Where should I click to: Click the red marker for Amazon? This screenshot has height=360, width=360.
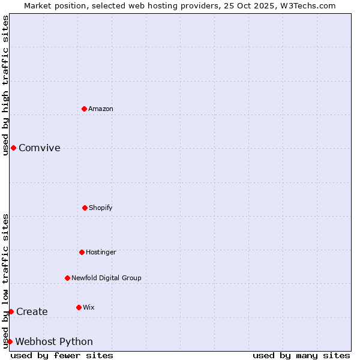[85, 109]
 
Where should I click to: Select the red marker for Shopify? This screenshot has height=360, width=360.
[85, 208]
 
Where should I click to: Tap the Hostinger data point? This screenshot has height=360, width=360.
[82, 252]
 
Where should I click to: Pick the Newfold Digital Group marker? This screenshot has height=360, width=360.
[67, 278]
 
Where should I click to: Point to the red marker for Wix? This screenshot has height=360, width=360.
[79, 307]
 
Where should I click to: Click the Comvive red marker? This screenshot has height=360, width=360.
[13, 148]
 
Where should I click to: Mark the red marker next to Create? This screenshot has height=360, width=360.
[11, 311]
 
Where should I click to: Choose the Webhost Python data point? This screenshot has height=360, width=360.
[10, 341]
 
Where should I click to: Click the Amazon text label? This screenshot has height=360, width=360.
[101, 109]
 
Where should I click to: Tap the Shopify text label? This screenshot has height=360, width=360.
[101, 208]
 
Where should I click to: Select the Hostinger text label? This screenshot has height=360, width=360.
[101, 252]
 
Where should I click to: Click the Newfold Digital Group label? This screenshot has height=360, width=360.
[106, 278]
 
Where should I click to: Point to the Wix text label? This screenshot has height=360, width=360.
[89, 307]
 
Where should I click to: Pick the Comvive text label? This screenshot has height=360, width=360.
[40, 148]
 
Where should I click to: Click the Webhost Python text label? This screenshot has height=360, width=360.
[54, 341]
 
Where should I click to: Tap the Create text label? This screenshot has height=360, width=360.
[32, 311]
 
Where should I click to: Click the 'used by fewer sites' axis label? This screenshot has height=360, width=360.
[62, 355]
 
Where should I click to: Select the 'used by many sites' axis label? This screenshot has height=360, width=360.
[301, 355]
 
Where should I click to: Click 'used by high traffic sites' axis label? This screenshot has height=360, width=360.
[5, 85]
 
